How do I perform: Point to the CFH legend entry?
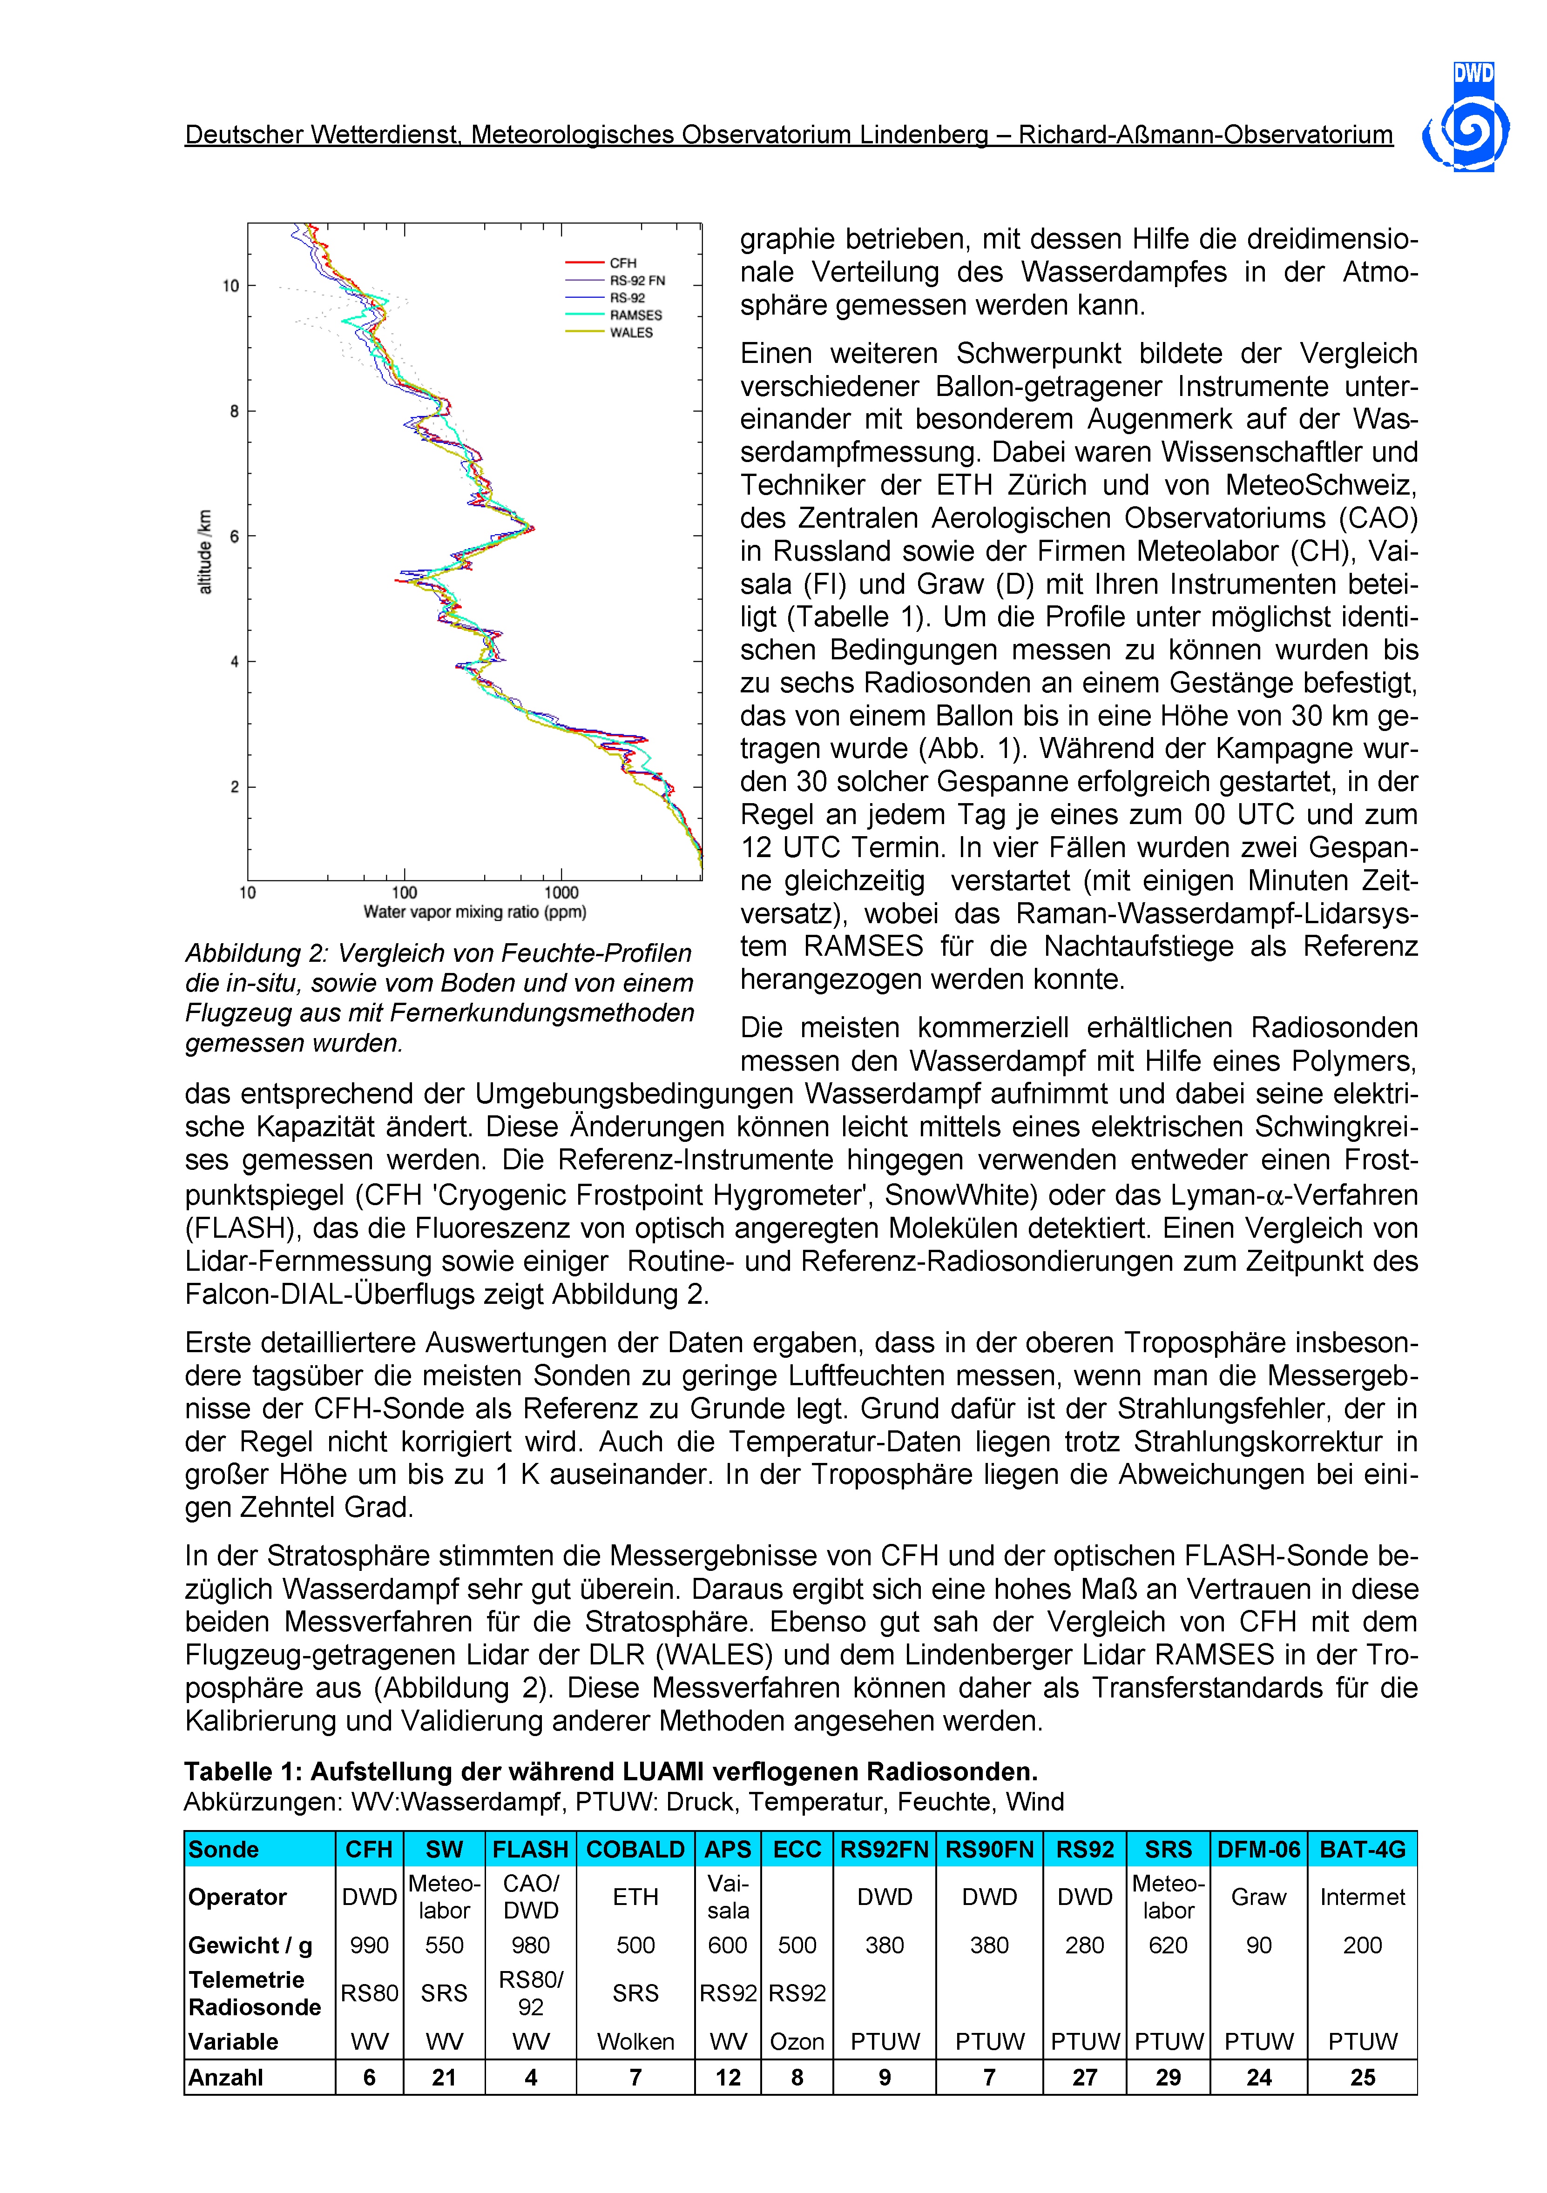pyautogui.click(x=623, y=262)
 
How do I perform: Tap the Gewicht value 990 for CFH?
pyautogui.click(x=369, y=1945)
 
